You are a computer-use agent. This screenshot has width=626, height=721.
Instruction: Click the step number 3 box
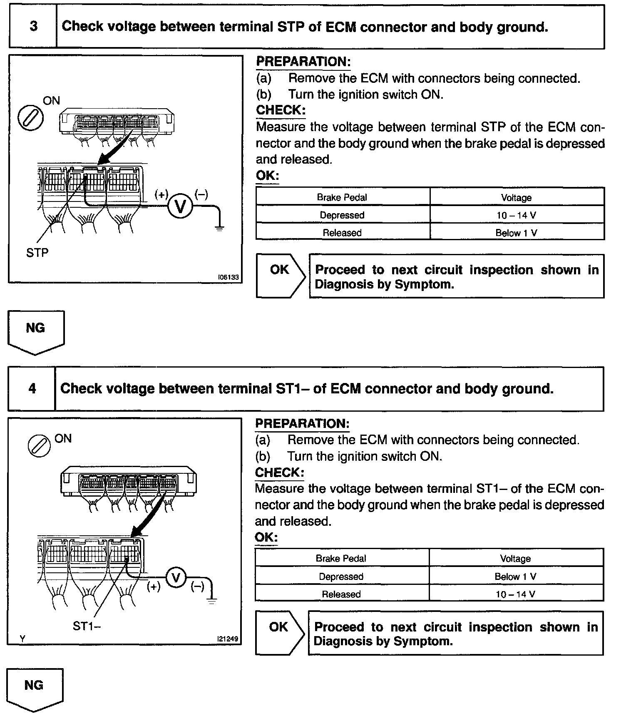(x=33, y=27)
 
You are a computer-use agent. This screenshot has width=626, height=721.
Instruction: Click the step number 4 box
(x=32, y=389)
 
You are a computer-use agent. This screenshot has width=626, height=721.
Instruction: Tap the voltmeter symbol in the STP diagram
(x=180, y=206)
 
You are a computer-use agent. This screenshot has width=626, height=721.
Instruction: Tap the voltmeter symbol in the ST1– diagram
(x=176, y=577)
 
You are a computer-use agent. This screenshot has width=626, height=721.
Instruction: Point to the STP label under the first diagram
(x=37, y=253)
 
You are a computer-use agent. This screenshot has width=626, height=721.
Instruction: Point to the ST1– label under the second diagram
(x=87, y=626)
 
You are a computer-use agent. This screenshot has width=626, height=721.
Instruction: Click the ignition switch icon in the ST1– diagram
(x=39, y=447)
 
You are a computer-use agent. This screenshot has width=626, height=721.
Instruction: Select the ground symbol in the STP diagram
(x=219, y=227)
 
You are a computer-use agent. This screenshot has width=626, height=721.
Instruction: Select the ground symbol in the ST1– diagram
(x=211, y=601)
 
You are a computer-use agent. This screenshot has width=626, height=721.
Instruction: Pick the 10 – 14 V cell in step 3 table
(x=517, y=215)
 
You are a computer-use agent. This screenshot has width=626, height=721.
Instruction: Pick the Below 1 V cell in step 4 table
(x=516, y=577)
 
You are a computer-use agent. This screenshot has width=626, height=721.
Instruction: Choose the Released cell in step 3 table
(x=342, y=233)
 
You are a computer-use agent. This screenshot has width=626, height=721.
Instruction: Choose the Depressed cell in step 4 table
(x=341, y=577)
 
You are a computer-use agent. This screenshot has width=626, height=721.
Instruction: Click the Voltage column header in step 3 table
(x=517, y=197)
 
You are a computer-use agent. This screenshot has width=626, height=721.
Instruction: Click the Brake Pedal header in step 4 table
(x=341, y=559)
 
